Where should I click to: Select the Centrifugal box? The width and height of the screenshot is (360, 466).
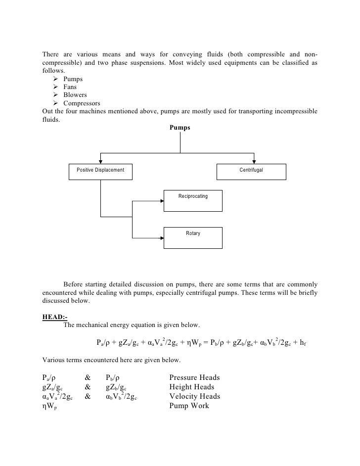click(x=251, y=171)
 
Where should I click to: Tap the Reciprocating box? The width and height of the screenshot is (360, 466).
click(x=193, y=199)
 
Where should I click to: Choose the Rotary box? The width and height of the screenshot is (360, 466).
click(x=193, y=237)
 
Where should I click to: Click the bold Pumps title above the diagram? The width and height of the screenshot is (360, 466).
click(x=180, y=128)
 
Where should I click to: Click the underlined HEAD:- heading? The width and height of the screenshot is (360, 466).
click(x=55, y=317)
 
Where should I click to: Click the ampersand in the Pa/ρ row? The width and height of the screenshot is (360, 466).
click(x=88, y=378)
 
